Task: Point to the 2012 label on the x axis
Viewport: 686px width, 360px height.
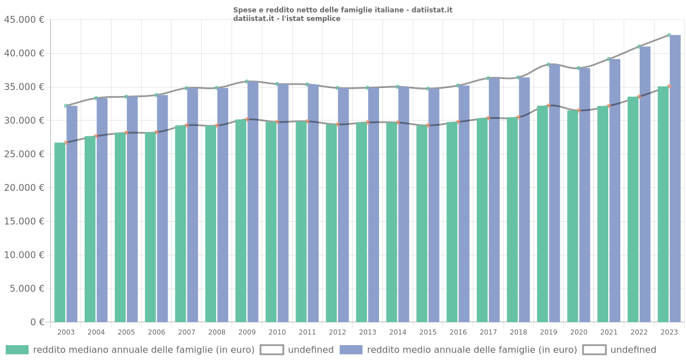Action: tap(337, 332)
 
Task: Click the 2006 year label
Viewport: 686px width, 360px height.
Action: tap(157, 332)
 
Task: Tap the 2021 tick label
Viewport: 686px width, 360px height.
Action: tap(609, 332)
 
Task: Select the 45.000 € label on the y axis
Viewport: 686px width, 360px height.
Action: tap(24, 19)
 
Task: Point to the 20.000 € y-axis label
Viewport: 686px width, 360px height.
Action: tap(24, 188)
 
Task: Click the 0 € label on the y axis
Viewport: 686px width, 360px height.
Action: tap(37, 322)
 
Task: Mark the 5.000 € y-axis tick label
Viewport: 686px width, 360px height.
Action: tap(26, 289)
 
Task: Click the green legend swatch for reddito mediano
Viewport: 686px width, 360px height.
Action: tap(17, 350)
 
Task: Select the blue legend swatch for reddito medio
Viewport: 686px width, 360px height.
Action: tap(351, 350)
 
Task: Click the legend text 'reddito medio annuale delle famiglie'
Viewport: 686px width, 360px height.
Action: tap(472, 350)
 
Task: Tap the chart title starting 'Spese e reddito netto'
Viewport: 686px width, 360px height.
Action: tap(342, 10)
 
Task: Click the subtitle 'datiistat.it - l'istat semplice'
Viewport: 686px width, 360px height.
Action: tap(286, 18)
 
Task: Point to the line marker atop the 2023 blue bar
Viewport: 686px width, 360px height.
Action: tap(669, 35)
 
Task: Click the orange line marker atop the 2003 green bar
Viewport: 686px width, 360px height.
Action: tap(66, 142)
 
